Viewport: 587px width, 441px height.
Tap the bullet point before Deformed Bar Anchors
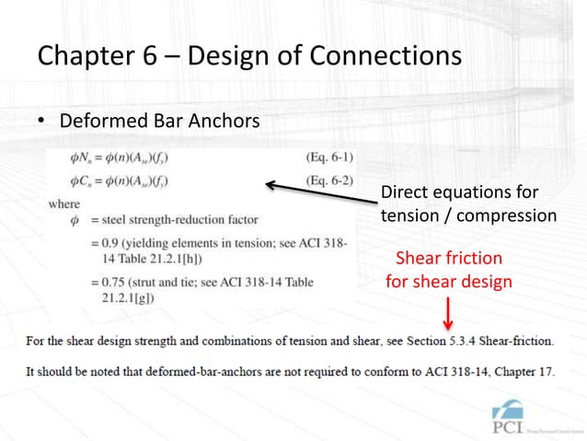[42, 122]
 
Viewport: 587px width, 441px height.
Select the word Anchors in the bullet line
[220, 122]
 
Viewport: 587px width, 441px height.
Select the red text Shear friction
[449, 259]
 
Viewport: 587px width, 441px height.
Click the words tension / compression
[468, 215]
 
